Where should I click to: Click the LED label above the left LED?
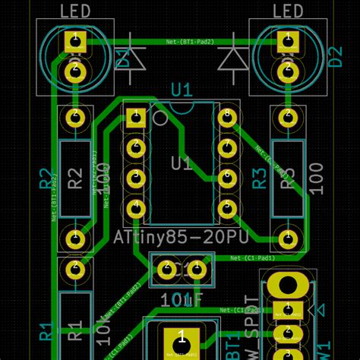(x=74, y=11)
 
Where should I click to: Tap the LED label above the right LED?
(x=287, y=11)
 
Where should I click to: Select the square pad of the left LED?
(x=74, y=43)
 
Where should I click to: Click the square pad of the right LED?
(x=287, y=43)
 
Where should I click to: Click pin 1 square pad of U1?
(x=136, y=117)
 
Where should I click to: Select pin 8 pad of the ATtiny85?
(x=226, y=117)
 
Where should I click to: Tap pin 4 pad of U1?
(x=136, y=207)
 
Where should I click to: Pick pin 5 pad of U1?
(x=226, y=207)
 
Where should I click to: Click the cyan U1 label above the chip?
(x=181, y=91)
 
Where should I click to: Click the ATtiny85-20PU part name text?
(x=179, y=238)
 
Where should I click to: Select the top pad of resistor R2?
(x=74, y=117)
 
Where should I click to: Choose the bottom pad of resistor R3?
(x=287, y=237)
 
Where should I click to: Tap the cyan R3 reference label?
(x=259, y=178)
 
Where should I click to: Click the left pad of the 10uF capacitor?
(x=165, y=268)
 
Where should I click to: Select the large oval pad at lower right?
(x=288, y=286)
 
